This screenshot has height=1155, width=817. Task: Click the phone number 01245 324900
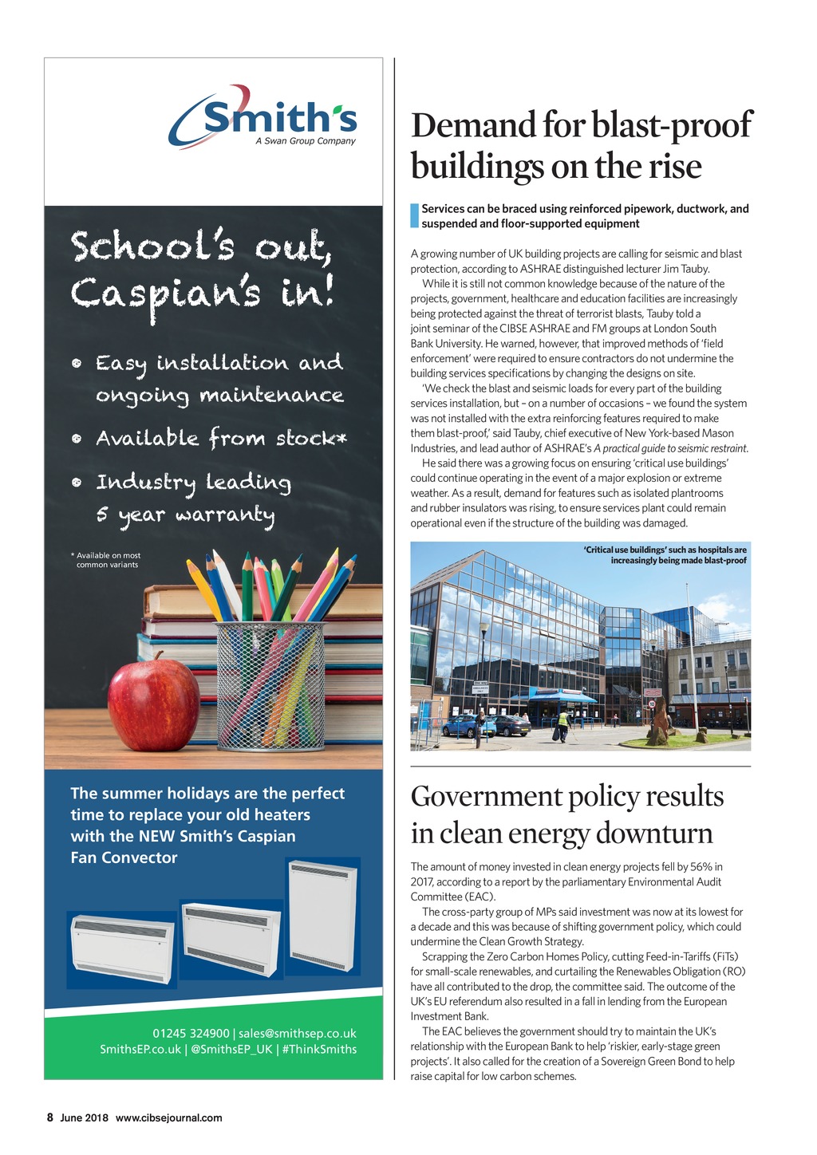coord(191,1033)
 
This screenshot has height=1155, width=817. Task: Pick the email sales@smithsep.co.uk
coord(298,1033)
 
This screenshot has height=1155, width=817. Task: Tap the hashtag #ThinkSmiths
coord(319,1049)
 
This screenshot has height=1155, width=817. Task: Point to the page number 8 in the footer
coord(49,1118)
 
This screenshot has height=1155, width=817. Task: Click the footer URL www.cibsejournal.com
coord(168,1118)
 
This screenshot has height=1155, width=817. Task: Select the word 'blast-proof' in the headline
coord(672,126)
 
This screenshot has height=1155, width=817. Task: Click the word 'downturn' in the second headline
coord(652,834)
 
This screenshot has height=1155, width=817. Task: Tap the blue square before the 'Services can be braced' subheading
coord(414,216)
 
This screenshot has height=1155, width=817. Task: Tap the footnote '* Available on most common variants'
coord(107,560)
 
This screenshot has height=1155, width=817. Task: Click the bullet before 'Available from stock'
coord(77,439)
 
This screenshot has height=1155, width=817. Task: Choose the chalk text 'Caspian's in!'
coord(202,294)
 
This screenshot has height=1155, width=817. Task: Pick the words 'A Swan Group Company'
coord(306,141)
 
